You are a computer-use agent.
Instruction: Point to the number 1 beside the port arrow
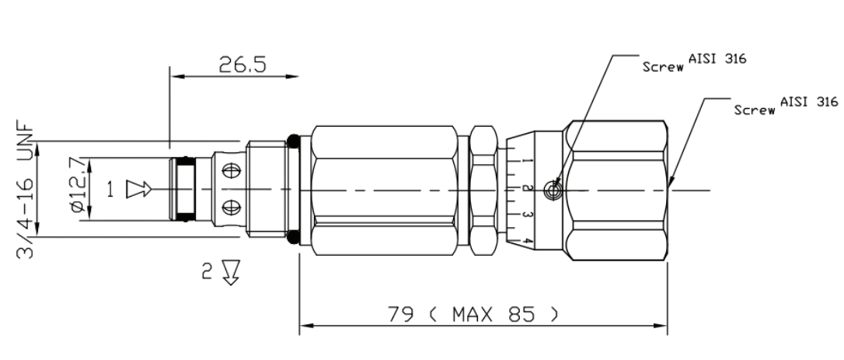point(110,189)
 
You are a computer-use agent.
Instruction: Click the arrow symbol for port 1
point(137,189)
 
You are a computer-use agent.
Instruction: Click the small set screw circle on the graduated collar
point(553,189)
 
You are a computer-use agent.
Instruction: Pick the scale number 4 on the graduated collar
point(526,241)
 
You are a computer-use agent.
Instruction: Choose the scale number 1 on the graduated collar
point(526,161)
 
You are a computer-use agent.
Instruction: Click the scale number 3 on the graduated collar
point(526,214)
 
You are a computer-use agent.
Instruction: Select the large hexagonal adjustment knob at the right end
point(618,189)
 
